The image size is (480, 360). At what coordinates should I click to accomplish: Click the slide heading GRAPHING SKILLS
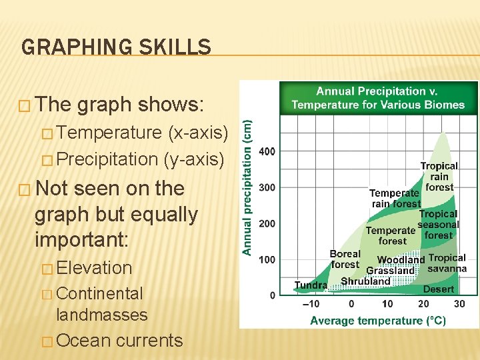pyautogui.click(x=116, y=47)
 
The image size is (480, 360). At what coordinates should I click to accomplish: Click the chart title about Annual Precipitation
pyautogui.click(x=378, y=98)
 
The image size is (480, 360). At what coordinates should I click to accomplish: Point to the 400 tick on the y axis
pyautogui.click(x=267, y=151)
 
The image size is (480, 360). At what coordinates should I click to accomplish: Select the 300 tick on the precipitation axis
pyautogui.click(x=267, y=187)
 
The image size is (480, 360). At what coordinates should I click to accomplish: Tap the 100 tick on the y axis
pyautogui.click(x=267, y=259)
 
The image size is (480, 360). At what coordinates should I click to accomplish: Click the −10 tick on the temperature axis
pyautogui.click(x=311, y=304)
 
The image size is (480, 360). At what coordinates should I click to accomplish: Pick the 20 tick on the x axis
pyautogui.click(x=423, y=304)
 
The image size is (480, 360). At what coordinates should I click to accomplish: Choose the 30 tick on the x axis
pyautogui.click(x=459, y=304)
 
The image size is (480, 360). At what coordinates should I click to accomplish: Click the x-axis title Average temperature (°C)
pyautogui.click(x=378, y=321)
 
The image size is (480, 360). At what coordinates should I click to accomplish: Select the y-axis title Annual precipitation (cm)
pyautogui.click(x=247, y=187)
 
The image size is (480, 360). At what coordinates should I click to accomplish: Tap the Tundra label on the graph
pyautogui.click(x=311, y=285)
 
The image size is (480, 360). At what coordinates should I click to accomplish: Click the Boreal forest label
pyautogui.click(x=345, y=259)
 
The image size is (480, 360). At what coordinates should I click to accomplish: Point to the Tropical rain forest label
pyautogui.click(x=439, y=177)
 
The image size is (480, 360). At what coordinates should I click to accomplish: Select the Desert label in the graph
pyautogui.click(x=438, y=289)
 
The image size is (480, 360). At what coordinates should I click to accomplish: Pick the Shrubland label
pyautogui.click(x=365, y=281)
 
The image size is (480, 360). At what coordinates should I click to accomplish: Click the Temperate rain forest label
pyautogui.click(x=395, y=199)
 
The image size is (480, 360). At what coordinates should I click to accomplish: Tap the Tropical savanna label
pyautogui.click(x=447, y=263)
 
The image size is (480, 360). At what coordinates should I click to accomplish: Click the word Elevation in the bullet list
pyautogui.click(x=95, y=268)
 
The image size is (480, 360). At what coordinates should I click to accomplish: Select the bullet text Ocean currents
pyautogui.click(x=119, y=341)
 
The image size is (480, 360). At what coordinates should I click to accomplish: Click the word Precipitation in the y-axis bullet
pyautogui.click(x=107, y=159)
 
